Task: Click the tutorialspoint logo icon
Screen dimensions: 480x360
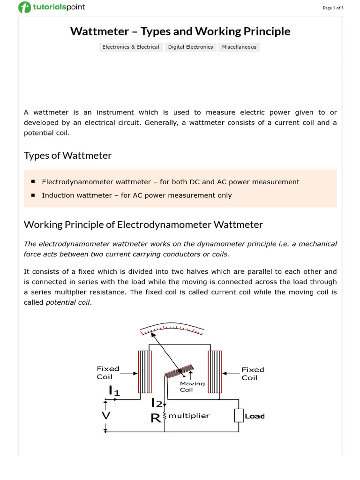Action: (x=23, y=7)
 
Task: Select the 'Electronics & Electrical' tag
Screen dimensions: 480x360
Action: (x=130, y=47)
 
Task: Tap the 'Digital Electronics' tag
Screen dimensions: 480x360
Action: (x=190, y=47)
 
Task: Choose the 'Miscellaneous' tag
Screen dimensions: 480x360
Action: (x=239, y=47)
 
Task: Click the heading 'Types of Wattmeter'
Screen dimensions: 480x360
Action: (x=67, y=156)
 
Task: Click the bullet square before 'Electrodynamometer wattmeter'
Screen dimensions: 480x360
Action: (x=33, y=181)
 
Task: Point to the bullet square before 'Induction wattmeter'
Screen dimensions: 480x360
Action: (x=33, y=195)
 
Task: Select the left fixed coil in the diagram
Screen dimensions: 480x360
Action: (x=145, y=372)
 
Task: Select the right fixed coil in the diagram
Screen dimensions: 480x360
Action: (x=215, y=373)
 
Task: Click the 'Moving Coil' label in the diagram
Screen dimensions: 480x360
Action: (x=192, y=387)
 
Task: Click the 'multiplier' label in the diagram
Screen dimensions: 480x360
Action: (x=189, y=416)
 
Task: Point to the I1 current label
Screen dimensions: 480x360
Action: (x=114, y=390)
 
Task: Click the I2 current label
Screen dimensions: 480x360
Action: (x=157, y=403)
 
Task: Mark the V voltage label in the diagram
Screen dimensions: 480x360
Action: (x=106, y=416)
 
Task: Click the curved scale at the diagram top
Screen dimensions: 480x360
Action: (x=172, y=329)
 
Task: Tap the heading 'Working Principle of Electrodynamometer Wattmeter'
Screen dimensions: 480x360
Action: (x=143, y=225)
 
